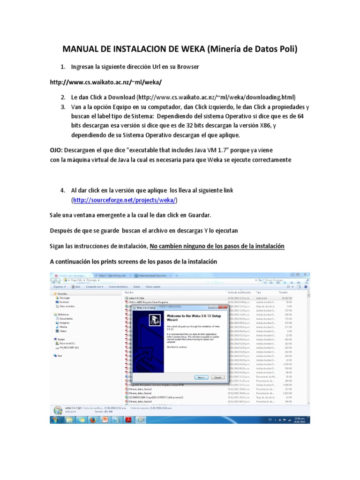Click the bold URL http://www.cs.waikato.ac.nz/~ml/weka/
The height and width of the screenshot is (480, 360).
coord(106,82)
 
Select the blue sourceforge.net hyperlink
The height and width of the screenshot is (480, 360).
coord(125,200)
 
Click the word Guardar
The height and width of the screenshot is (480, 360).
coord(199,215)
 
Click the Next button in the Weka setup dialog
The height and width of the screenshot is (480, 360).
coord(200,377)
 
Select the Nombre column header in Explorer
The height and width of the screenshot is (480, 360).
coord(129,292)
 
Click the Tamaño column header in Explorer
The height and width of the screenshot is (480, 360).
coord(284,292)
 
